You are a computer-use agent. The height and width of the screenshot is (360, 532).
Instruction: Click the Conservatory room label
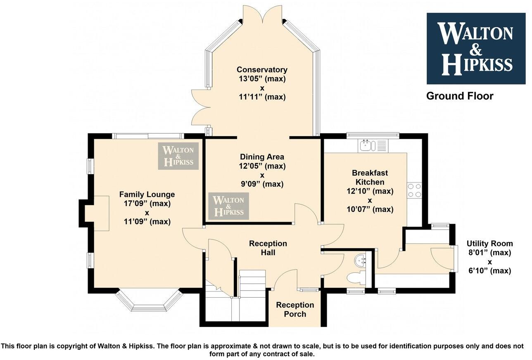tap(262, 69)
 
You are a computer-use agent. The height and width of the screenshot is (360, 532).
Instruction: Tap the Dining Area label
tap(262, 156)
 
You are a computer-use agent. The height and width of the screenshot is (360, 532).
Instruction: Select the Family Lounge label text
tap(147, 194)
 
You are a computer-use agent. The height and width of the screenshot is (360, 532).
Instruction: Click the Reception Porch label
tap(295, 310)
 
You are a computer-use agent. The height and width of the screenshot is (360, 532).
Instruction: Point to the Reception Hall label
tap(268, 248)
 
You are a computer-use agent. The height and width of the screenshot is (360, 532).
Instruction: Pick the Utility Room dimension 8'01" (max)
tap(490, 253)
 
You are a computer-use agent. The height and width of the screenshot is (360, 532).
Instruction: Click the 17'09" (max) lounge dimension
tap(147, 204)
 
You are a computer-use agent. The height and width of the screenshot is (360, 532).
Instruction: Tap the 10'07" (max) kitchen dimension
tap(370, 209)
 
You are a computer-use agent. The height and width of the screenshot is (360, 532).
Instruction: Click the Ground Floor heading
tap(460, 96)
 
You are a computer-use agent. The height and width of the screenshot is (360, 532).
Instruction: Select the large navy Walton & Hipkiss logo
tap(476, 48)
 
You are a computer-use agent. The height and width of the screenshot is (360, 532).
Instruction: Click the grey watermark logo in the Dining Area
tap(229, 206)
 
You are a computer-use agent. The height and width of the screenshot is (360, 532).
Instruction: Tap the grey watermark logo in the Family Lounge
tap(178, 156)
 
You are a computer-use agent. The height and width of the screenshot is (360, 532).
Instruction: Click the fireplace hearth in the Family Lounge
tap(102, 213)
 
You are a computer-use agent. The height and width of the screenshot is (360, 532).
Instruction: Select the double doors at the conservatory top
tap(262, 14)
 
